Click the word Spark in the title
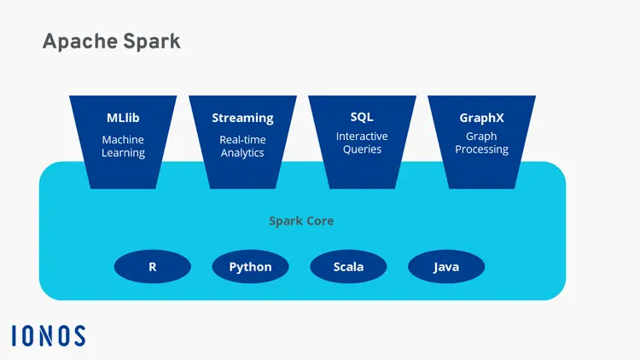point(152,41)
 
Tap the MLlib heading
point(123,118)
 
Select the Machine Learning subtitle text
point(123,146)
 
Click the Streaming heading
point(242,118)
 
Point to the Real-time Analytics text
point(242,146)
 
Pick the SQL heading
point(362,117)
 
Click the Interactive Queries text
point(362,142)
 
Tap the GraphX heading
point(481,118)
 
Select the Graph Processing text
point(481,142)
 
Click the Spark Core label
point(301,221)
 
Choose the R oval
point(152,267)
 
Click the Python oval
point(250,267)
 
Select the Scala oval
point(348,267)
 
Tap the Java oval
point(446,267)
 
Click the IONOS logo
point(49,335)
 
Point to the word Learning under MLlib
point(123,154)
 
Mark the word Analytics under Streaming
point(242,154)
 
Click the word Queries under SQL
point(362,149)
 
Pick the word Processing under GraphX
point(481,149)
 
